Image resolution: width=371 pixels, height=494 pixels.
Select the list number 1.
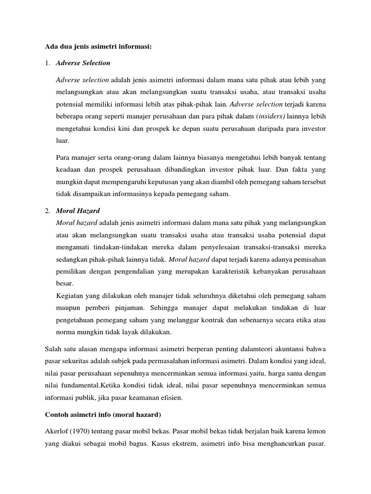pyautogui.click(x=47, y=63)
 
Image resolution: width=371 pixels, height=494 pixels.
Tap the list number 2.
pyautogui.click(x=47, y=211)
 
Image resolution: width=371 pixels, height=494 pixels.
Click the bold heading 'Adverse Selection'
pyautogui.click(x=83, y=63)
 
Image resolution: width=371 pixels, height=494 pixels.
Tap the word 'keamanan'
pyautogui.click(x=139, y=398)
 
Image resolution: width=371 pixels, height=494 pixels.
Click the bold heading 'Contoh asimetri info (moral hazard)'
pyautogui.click(x=102, y=414)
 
